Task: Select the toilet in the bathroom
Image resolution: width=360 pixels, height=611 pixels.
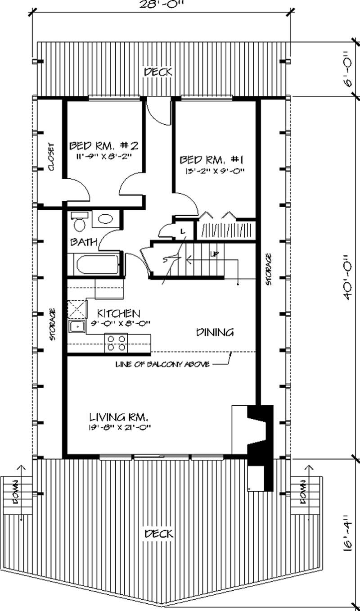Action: [79, 222]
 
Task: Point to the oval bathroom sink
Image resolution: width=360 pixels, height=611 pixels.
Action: [106, 219]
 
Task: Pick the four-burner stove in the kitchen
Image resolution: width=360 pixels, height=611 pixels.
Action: [117, 342]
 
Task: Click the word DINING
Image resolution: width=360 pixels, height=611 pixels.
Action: [215, 333]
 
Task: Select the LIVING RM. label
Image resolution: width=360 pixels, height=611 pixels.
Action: [119, 416]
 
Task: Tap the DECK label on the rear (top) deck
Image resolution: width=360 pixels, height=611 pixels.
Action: [158, 72]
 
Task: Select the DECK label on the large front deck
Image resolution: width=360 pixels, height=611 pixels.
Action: [158, 534]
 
